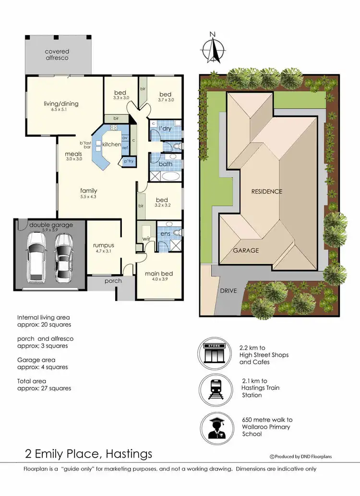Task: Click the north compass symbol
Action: pyautogui.click(x=213, y=48)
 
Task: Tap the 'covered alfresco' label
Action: pyautogui.click(x=57, y=54)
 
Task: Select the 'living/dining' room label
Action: pyautogui.click(x=61, y=103)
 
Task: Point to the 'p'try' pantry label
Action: pyautogui.click(x=129, y=162)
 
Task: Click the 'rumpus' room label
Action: pyautogui.click(x=103, y=245)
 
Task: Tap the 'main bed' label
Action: pyautogui.click(x=158, y=274)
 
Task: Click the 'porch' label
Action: pyautogui.click(x=113, y=281)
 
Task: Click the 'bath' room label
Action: pyautogui.click(x=166, y=164)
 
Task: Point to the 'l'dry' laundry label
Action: pyautogui.click(x=166, y=128)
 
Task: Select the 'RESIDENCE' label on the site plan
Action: pyautogui.click(x=267, y=191)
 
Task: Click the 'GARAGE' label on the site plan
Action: pyautogui.click(x=246, y=250)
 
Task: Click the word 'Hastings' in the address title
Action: pyautogui.click(x=127, y=454)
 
